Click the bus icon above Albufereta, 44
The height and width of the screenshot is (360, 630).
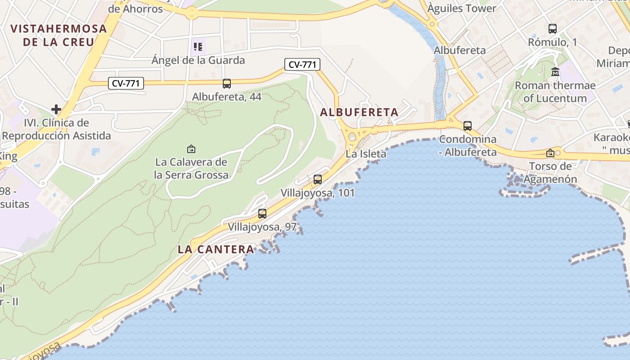[227, 83]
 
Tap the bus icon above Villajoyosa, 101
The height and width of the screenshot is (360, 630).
[318, 180]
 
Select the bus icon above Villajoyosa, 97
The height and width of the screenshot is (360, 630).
[262, 214]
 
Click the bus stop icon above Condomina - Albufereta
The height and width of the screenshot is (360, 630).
[468, 126]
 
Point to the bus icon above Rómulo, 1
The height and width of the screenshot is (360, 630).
[553, 29]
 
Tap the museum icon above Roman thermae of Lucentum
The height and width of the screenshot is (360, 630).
[555, 72]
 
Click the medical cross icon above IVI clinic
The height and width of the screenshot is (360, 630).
[56, 109]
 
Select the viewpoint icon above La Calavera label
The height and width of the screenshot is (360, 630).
[191, 148]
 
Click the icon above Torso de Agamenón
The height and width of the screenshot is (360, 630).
[550, 153]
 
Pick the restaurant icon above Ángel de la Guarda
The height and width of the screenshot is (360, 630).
[198, 46]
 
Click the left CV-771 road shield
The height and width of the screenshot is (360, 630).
[126, 83]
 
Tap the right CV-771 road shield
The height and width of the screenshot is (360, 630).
[302, 64]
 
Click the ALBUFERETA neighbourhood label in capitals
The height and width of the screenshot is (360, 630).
[359, 112]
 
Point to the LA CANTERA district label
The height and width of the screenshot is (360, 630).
[216, 249]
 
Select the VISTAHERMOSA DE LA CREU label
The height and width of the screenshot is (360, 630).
[59, 36]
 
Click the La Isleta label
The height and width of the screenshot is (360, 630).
[366, 154]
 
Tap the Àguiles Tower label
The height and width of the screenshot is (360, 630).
[462, 8]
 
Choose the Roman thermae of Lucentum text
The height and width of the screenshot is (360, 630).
[555, 92]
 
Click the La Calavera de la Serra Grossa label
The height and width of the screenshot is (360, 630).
[191, 168]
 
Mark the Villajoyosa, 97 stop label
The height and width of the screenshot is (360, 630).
[262, 227]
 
